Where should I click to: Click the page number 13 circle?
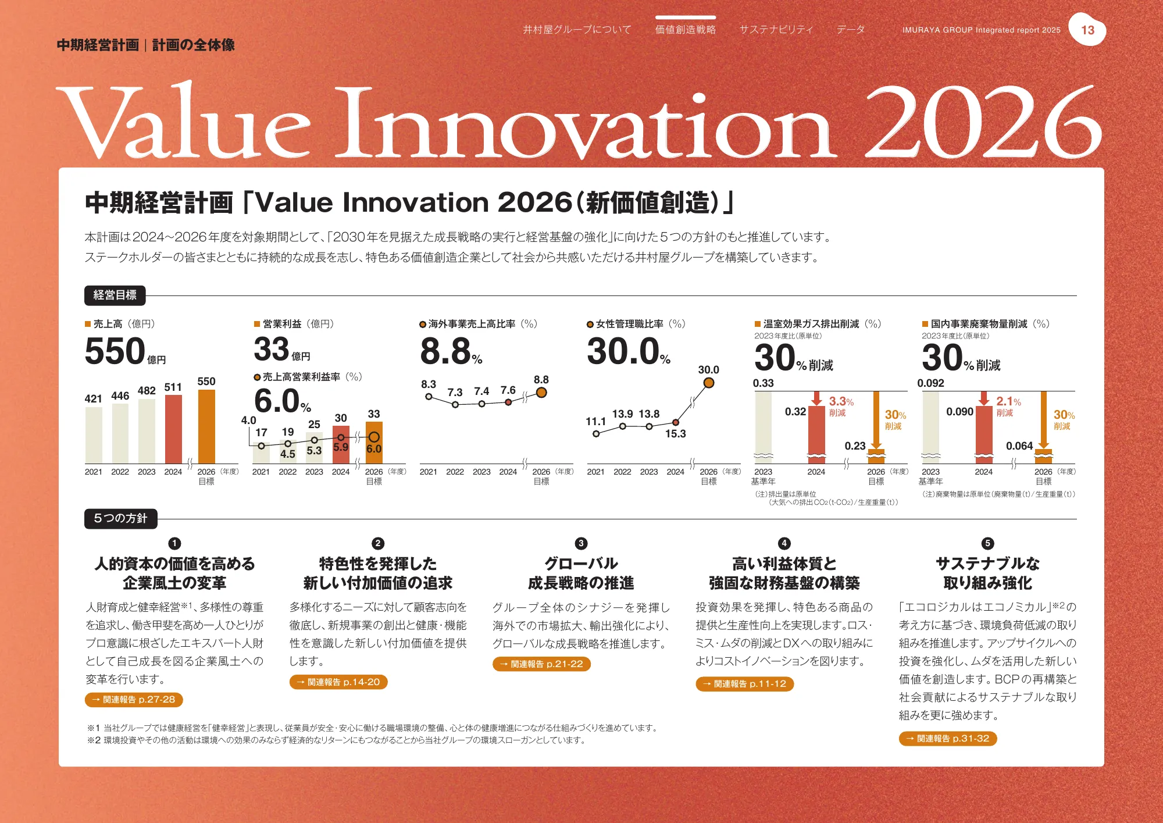tap(1087, 30)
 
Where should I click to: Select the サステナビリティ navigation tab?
tap(776, 29)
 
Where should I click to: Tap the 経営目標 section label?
tap(115, 295)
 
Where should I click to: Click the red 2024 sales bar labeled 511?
tap(173, 429)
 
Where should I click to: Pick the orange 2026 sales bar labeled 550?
tap(206, 426)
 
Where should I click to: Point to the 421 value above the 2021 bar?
tap(93, 398)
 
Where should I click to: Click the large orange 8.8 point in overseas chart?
tap(541, 393)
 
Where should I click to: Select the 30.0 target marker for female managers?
tap(708, 383)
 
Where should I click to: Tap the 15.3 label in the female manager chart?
tap(675, 434)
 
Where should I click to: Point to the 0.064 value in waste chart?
tap(1019, 446)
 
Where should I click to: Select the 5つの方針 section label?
tap(120, 518)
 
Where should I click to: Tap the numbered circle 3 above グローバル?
tap(580, 543)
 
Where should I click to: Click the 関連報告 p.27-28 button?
tap(134, 700)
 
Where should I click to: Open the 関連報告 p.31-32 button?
tap(948, 739)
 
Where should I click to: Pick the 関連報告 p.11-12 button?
tap(744, 684)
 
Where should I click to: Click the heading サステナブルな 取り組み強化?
tap(987, 573)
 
